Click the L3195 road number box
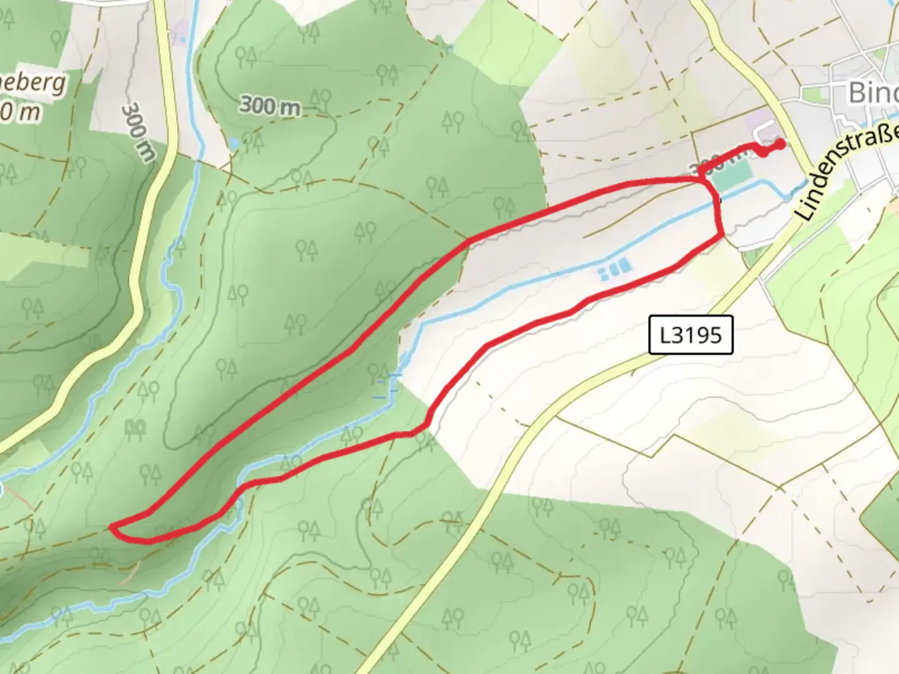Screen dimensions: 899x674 690,335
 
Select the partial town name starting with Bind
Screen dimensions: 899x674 873,93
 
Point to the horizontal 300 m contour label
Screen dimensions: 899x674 270,106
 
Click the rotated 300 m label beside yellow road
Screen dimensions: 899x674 137,132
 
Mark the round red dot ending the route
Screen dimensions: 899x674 780,144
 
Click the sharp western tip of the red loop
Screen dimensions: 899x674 112,528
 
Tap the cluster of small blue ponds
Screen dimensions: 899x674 615,270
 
